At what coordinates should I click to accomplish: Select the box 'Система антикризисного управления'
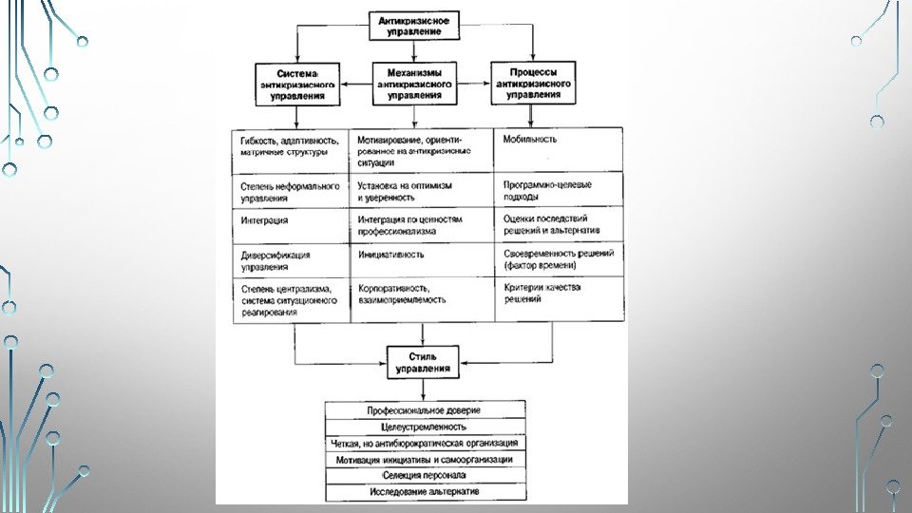[x=296, y=85]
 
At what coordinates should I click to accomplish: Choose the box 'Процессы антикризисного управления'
[x=532, y=84]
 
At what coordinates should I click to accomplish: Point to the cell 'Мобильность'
[x=559, y=149]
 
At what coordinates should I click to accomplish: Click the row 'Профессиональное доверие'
[x=425, y=409]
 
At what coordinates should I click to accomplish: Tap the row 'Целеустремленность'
[x=425, y=427]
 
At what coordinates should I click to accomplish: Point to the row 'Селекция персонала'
[x=425, y=475]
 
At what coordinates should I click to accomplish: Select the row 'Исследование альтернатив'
[x=425, y=492]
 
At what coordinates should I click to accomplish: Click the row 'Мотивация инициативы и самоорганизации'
[x=425, y=459]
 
